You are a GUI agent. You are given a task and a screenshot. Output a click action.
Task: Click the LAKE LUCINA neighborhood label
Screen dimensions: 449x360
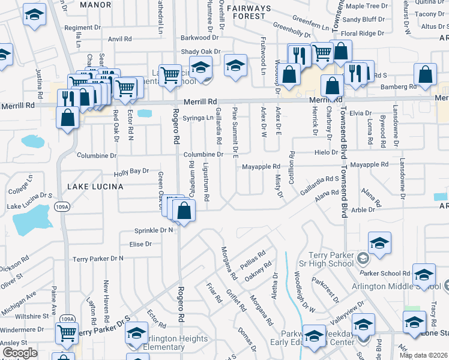click(95, 187)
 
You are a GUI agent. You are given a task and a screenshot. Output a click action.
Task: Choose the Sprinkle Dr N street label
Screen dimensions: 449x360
click(154, 230)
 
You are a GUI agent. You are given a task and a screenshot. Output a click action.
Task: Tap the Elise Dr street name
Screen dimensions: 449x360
click(140, 244)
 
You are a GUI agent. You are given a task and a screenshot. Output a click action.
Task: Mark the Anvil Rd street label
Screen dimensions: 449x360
click(119, 39)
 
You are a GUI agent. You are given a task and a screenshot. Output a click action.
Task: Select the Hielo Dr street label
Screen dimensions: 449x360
click(327, 152)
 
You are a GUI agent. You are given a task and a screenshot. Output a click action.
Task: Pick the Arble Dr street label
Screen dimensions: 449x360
click(363, 209)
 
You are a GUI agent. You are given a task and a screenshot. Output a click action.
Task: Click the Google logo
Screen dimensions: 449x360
click(20, 353)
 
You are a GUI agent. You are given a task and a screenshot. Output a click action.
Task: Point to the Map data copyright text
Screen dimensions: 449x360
click(424, 355)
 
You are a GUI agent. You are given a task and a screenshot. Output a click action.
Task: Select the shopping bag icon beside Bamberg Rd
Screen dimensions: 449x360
click(425, 76)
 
